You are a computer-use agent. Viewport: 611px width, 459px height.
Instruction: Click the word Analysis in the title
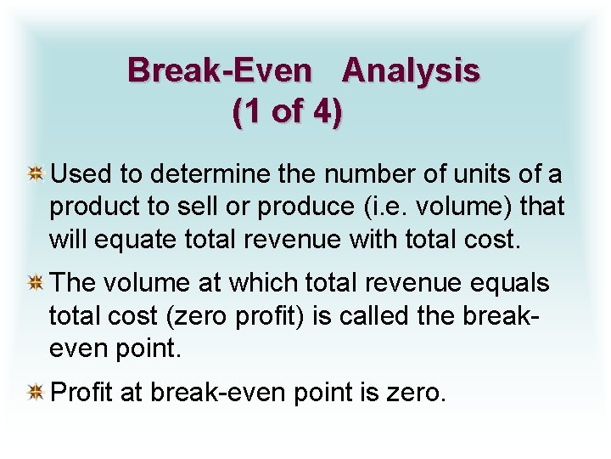411,71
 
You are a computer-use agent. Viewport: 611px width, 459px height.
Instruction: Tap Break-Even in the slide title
220,71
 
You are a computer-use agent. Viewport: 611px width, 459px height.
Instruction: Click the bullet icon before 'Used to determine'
36,175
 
